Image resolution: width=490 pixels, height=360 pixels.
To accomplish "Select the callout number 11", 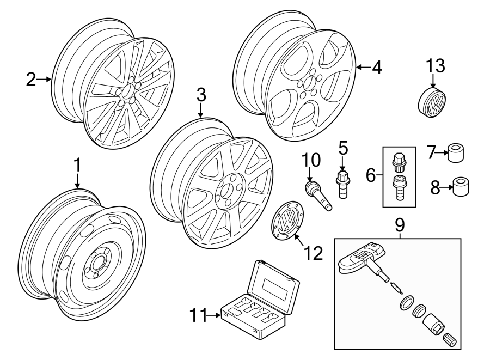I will coord(199,315).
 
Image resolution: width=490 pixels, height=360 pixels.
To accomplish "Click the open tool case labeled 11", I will coord(260,302).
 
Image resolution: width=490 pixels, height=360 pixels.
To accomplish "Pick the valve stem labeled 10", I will coord(316,194).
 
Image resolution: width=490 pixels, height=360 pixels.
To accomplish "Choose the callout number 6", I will coord(370,175).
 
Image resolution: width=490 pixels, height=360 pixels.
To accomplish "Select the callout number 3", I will coord(201,95).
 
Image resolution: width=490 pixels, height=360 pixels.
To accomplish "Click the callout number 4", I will coord(376,68).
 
